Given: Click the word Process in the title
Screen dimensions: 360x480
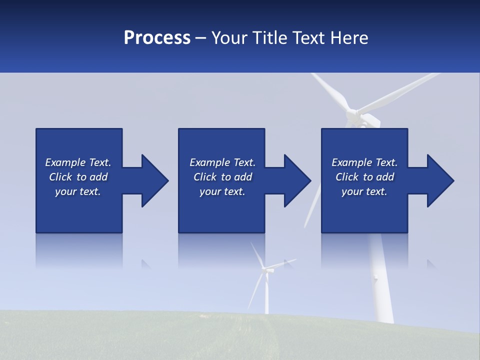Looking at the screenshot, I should tap(157, 38).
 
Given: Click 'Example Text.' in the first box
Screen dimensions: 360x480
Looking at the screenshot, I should tap(78, 162).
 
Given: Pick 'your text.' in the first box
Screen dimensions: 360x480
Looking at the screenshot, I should tap(78, 191).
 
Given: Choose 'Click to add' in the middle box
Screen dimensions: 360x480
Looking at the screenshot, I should tap(222, 177).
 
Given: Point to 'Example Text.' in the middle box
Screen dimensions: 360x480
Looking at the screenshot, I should tap(222, 162).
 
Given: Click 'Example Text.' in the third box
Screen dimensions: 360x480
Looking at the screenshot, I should tap(364, 162).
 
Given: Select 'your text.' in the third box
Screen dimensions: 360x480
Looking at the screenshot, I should tap(364, 191).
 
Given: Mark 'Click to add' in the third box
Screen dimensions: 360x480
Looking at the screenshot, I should tap(364, 177).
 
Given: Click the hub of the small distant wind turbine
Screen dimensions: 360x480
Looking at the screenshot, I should tap(265, 270).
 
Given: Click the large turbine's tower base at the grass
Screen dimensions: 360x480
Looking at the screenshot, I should tap(385, 317).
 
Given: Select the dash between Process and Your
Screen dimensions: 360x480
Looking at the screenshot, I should tap(201, 38).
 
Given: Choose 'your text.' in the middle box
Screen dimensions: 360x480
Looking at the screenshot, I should tap(222, 191).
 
